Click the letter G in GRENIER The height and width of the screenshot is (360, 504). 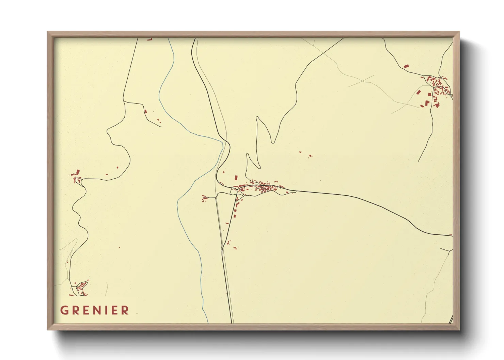point(64,310)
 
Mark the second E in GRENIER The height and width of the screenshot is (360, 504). point(115,310)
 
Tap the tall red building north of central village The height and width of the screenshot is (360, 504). point(236,178)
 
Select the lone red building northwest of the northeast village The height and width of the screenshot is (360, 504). point(406,66)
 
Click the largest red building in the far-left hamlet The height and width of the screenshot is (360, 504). point(78,172)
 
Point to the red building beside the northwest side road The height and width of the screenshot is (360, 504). point(145,111)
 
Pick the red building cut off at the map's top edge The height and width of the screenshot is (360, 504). point(149,39)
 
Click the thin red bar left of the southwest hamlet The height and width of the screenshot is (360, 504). point(71,295)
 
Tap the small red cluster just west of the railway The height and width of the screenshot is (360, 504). point(204,198)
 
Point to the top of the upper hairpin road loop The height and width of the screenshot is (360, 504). point(257,117)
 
